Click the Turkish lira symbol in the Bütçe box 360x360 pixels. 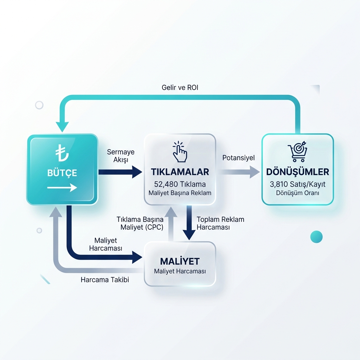pos(62,153)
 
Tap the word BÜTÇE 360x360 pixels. pos(62,173)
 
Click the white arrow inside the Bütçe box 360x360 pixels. pos(62,188)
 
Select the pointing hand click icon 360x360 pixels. pos(180,152)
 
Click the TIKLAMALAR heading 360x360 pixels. pos(180,172)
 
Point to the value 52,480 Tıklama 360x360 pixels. pos(180,184)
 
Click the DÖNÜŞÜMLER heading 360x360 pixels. pos(297,172)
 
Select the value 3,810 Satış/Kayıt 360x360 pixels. pos(297,184)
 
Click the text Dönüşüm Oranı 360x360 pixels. pos(297,193)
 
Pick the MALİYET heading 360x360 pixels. pos(180,261)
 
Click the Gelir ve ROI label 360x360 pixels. pos(180,88)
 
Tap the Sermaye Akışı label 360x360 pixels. pos(121,156)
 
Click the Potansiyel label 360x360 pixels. pos(239,158)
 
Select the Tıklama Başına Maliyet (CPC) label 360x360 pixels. pos(140,223)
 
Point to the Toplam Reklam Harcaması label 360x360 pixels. pos(220,223)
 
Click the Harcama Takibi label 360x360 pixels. pos(105,279)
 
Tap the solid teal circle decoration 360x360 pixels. pos(316,237)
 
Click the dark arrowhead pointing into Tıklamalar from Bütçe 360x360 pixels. pos(137,172)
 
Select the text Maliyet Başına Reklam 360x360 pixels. pos(180,193)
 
